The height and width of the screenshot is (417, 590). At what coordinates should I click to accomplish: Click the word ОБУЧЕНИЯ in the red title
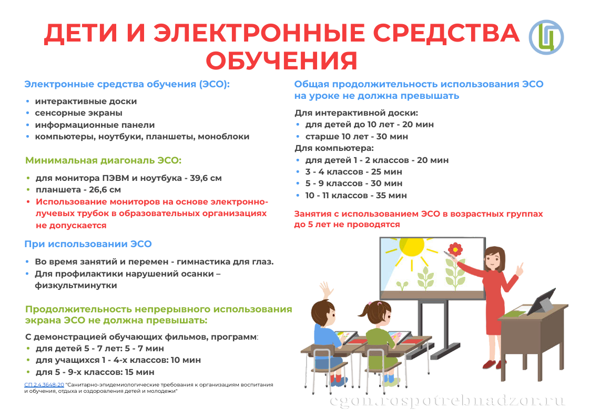[x=281, y=60]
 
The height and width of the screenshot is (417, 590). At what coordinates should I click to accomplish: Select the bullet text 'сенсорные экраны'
[x=79, y=113]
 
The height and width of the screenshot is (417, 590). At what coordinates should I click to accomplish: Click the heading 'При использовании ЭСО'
[x=88, y=244]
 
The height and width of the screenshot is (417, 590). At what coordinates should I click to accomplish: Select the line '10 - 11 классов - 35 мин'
[x=356, y=196]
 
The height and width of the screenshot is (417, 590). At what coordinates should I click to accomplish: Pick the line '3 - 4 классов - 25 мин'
[x=353, y=172]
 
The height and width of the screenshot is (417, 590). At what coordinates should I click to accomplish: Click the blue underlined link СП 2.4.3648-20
[x=44, y=385]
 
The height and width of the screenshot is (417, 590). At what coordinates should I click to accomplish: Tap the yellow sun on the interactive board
[x=411, y=247]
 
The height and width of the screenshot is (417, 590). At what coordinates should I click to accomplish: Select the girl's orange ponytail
[x=365, y=311]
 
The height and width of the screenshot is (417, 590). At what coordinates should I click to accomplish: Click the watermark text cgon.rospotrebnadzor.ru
[x=447, y=401]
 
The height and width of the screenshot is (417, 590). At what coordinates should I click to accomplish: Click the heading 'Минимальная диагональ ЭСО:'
[x=103, y=161]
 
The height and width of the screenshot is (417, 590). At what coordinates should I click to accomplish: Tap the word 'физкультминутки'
[x=76, y=286]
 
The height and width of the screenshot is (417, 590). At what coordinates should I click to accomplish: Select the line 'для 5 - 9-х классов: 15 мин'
[x=95, y=372]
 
